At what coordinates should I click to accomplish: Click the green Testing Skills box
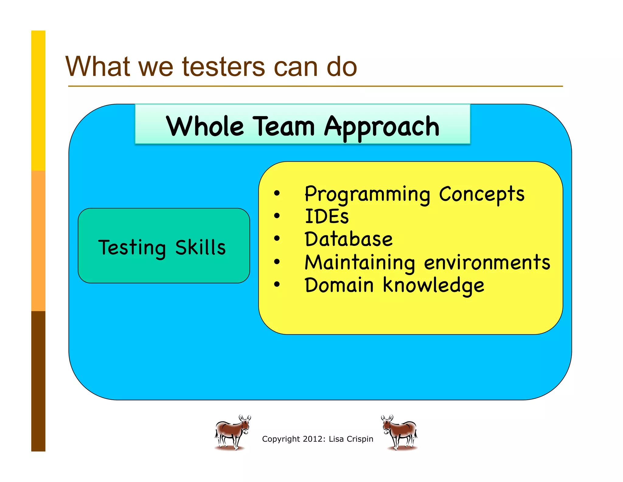point(164,246)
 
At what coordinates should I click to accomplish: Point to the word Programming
point(367,194)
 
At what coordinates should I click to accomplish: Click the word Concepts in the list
point(482,194)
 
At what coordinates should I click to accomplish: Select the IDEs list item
point(327,217)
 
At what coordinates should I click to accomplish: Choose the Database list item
point(349,239)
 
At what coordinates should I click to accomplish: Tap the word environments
point(487,262)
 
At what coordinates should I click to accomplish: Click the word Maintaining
point(360,263)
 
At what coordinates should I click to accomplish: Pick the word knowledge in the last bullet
point(433,286)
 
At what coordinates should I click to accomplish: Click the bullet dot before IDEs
point(277,216)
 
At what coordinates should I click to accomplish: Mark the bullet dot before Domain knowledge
point(277,284)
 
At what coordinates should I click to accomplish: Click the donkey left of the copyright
point(232,432)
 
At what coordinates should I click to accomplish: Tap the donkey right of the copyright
point(399,432)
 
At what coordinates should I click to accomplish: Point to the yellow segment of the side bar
point(38,101)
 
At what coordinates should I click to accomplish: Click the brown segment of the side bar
point(38,381)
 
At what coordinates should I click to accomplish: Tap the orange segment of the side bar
point(38,241)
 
